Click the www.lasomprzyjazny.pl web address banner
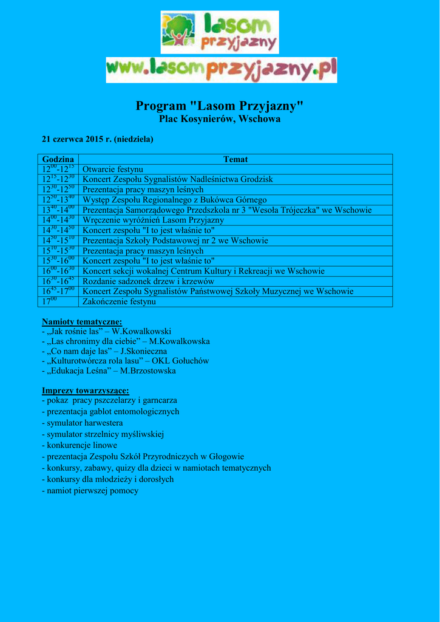tap(222, 70)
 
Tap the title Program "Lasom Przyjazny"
tap(220, 106)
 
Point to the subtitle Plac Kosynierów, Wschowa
tap(220, 119)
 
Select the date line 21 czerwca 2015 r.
tap(97, 139)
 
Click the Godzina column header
tap(58, 159)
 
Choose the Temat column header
tap(235, 159)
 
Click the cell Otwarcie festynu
tap(113, 169)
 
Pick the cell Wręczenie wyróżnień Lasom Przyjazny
tap(153, 220)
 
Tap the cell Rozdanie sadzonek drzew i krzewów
tap(148, 281)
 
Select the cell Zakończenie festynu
tap(119, 302)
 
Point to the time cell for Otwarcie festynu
tap(58, 169)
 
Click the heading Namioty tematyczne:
tap(82, 321)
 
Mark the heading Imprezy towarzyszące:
tap(85, 391)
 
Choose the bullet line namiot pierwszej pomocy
tap(90, 490)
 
